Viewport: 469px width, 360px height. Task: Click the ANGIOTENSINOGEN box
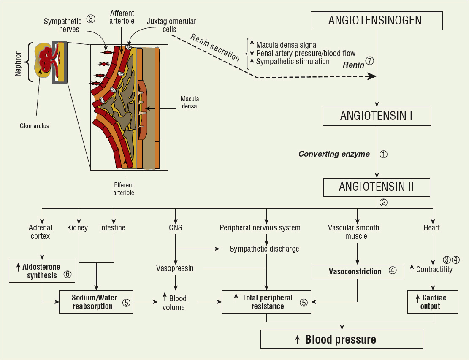coord(377,21)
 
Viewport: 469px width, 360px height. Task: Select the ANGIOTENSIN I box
coord(377,116)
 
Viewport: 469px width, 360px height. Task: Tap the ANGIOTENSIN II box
coord(377,187)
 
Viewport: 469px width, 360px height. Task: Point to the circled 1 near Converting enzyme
coord(383,154)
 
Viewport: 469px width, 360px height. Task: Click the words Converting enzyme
coord(334,154)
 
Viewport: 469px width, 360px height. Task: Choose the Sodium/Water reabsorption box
coord(96,301)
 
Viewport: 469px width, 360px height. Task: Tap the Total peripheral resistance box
coord(266,302)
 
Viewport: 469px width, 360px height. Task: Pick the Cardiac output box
coord(433,302)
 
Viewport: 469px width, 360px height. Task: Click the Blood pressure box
coord(342,339)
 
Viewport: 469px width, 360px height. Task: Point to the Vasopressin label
coord(175,268)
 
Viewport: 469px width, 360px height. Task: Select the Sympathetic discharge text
coord(264,249)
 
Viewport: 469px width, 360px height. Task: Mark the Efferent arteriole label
coord(124,189)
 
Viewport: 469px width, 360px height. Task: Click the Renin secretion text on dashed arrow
coord(215,48)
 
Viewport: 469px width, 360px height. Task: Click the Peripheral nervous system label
coord(260,228)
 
